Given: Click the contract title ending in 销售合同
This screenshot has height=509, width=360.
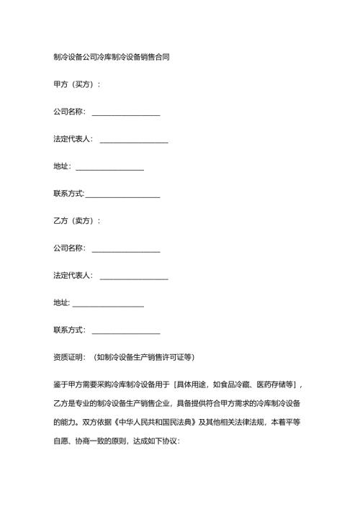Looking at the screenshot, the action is pyautogui.click(x=112, y=57).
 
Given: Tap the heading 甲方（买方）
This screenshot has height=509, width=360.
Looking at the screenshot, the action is pyautogui.click(x=76, y=84).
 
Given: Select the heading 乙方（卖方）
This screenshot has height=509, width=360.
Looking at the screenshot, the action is pyautogui.click(x=76, y=220).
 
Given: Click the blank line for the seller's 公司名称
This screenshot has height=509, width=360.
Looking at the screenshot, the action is pyautogui.click(x=126, y=251).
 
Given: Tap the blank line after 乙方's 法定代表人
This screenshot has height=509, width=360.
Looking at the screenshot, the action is pyautogui.click(x=134, y=277).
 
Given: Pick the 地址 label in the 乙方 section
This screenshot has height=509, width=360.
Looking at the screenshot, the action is pyautogui.click(x=61, y=302).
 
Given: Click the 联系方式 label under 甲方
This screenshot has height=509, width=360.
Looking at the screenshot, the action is pyautogui.click(x=69, y=194).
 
